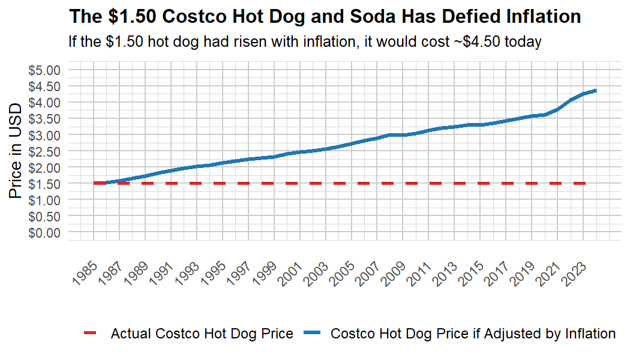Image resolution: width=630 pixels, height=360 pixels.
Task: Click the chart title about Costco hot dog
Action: (x=325, y=16)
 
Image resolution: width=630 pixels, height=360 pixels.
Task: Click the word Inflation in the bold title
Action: (x=540, y=16)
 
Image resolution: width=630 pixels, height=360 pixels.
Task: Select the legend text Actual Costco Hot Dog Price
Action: (x=202, y=334)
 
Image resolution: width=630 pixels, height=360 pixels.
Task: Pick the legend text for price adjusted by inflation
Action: (x=473, y=334)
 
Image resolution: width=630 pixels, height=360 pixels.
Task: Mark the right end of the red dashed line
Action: (x=585, y=183)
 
